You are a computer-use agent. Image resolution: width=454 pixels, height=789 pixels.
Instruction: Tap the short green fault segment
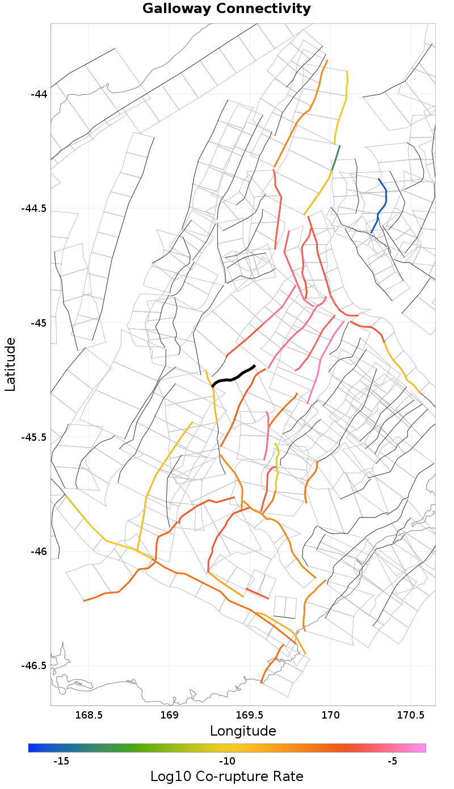pos(336,157)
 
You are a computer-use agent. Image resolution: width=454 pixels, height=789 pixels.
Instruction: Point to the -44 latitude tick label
pos(39,94)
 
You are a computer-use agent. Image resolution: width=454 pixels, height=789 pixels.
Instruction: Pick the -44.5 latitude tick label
pos(35,208)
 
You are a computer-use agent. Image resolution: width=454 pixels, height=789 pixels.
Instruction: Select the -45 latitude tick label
pos(39,323)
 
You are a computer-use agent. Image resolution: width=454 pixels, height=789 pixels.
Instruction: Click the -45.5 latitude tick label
pos(35,437)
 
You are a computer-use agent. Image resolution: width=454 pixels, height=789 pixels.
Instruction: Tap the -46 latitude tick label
pos(39,552)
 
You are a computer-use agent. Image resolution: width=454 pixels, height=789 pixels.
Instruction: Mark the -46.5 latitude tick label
pos(35,666)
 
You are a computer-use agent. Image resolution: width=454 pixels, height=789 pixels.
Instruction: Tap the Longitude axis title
pos(243,731)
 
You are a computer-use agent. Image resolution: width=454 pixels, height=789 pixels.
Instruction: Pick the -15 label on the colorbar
pos(61,761)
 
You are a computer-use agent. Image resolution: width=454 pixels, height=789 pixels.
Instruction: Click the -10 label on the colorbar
pos(226,761)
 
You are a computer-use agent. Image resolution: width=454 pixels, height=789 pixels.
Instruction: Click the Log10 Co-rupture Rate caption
pos(227,777)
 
